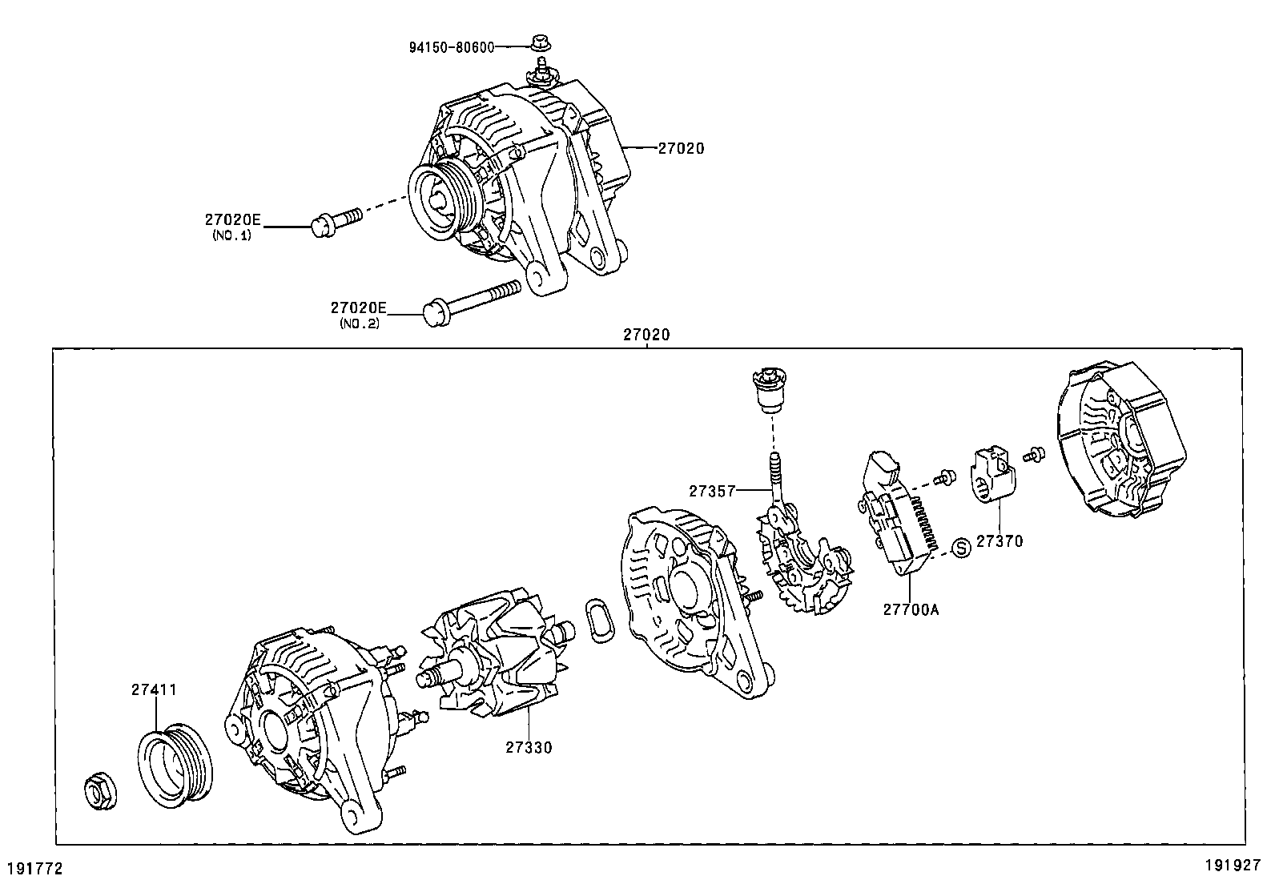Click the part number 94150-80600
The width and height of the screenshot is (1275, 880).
(452, 46)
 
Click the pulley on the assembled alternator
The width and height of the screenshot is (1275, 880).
(441, 202)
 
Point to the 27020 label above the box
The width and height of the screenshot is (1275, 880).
(646, 336)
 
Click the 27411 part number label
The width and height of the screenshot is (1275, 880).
(154, 689)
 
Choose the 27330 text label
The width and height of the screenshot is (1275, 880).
(529, 748)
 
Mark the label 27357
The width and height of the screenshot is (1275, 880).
(712, 490)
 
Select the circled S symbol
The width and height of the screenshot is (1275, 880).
(961, 547)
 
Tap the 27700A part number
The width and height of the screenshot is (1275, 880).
(911, 609)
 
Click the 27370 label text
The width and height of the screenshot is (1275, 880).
(999, 541)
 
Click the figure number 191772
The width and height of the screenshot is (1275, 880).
(34, 868)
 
